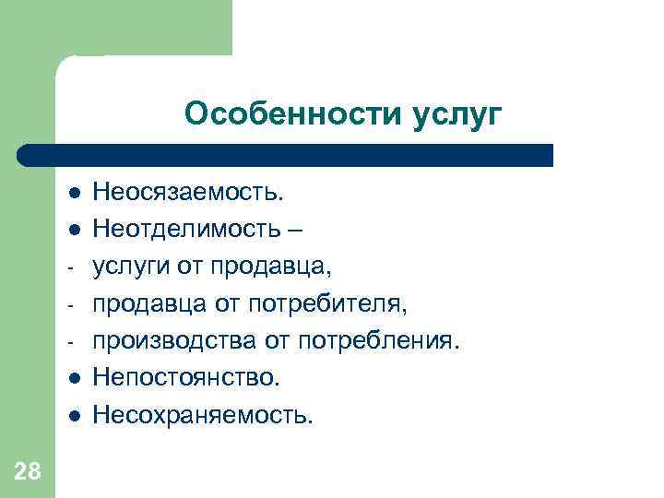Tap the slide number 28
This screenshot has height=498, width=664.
[x=28, y=472]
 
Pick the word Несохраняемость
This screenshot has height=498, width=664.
[x=203, y=415]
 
